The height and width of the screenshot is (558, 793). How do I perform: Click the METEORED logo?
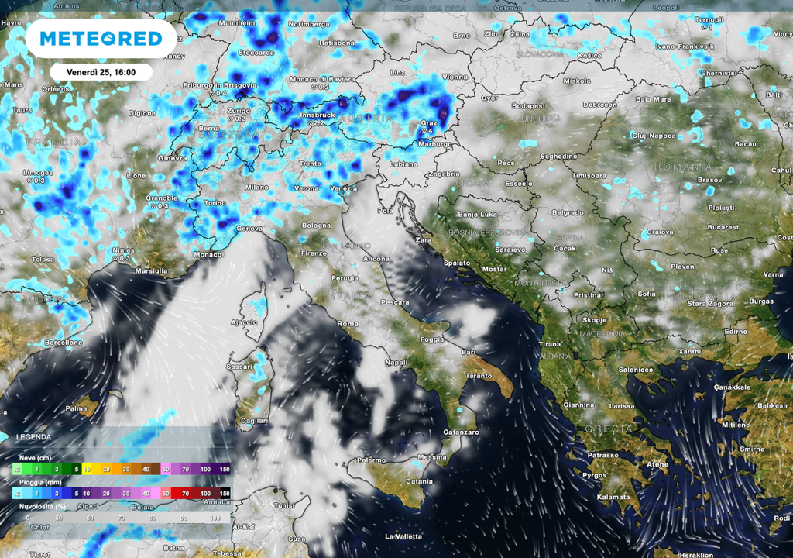point(101,38)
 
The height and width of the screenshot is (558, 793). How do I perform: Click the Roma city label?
point(348,323)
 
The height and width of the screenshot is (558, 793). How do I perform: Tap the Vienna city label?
point(455,77)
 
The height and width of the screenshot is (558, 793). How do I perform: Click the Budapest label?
point(528,105)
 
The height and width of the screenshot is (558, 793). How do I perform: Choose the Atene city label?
point(657,464)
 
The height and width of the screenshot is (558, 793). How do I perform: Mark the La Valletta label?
point(403,536)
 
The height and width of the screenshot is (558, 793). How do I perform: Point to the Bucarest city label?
point(723,227)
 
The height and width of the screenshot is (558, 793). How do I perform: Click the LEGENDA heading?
point(33,437)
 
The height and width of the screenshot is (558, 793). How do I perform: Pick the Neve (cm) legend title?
point(35,457)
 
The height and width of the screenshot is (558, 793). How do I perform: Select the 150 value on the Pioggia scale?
point(224,493)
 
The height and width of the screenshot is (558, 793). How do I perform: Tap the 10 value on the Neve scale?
point(87,469)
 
